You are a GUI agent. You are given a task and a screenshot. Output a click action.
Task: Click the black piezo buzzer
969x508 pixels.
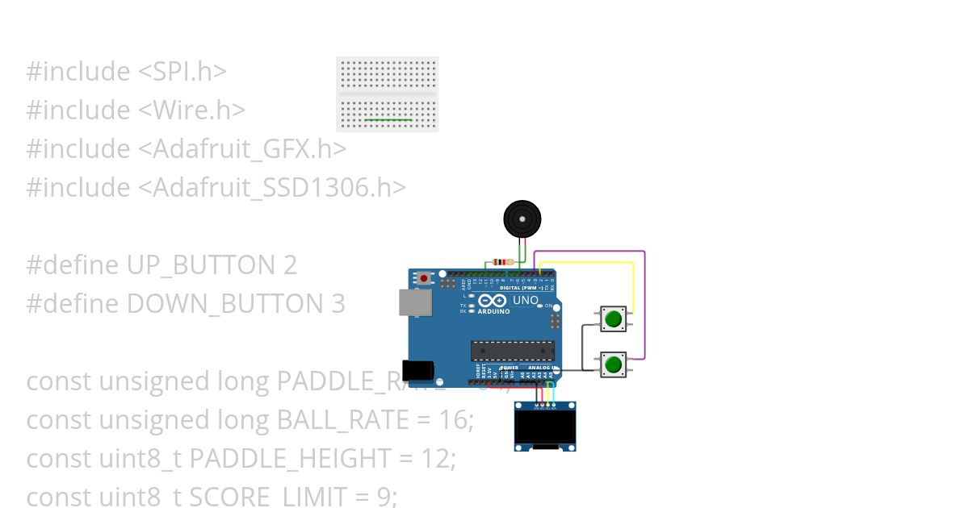[x=522, y=219]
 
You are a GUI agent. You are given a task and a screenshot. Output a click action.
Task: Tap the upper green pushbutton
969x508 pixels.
[x=614, y=319]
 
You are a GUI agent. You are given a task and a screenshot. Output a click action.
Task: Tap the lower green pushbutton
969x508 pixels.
[x=614, y=364]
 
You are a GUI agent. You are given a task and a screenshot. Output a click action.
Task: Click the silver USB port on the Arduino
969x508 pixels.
[x=415, y=302]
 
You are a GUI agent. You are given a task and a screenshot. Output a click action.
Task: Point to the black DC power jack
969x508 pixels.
[x=418, y=369]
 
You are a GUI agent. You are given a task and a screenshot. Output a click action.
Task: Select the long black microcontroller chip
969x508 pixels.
[x=513, y=351]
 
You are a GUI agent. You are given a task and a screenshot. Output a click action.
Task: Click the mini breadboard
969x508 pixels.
[x=387, y=94]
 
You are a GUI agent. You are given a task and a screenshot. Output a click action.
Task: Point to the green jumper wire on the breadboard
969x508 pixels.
[x=388, y=119]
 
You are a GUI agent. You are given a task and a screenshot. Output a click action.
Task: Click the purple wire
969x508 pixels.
[x=644, y=306]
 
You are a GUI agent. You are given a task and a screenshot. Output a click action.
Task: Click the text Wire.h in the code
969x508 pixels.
[x=192, y=110]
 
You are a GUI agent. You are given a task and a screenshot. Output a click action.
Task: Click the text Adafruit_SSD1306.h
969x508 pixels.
[x=273, y=187]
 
